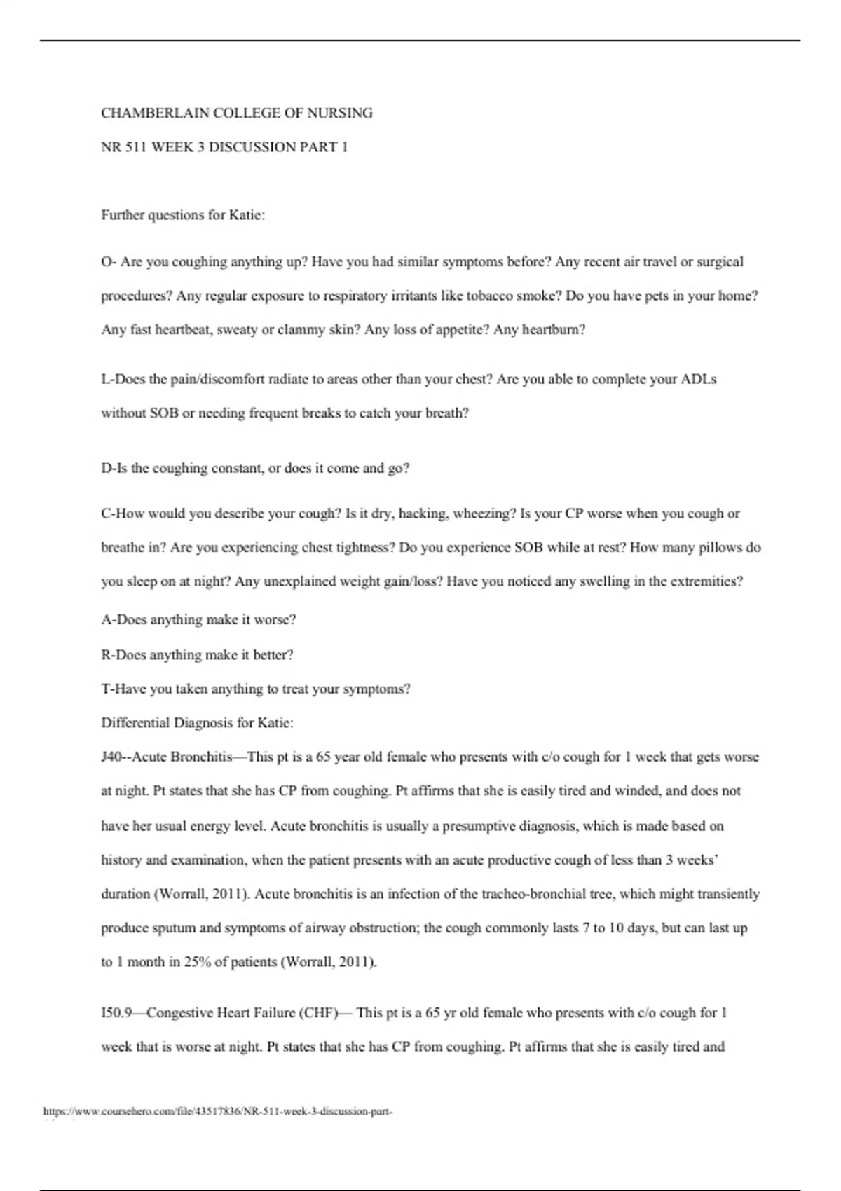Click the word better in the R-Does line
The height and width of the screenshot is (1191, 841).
click(273, 655)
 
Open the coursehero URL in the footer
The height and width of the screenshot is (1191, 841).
click(217, 1111)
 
